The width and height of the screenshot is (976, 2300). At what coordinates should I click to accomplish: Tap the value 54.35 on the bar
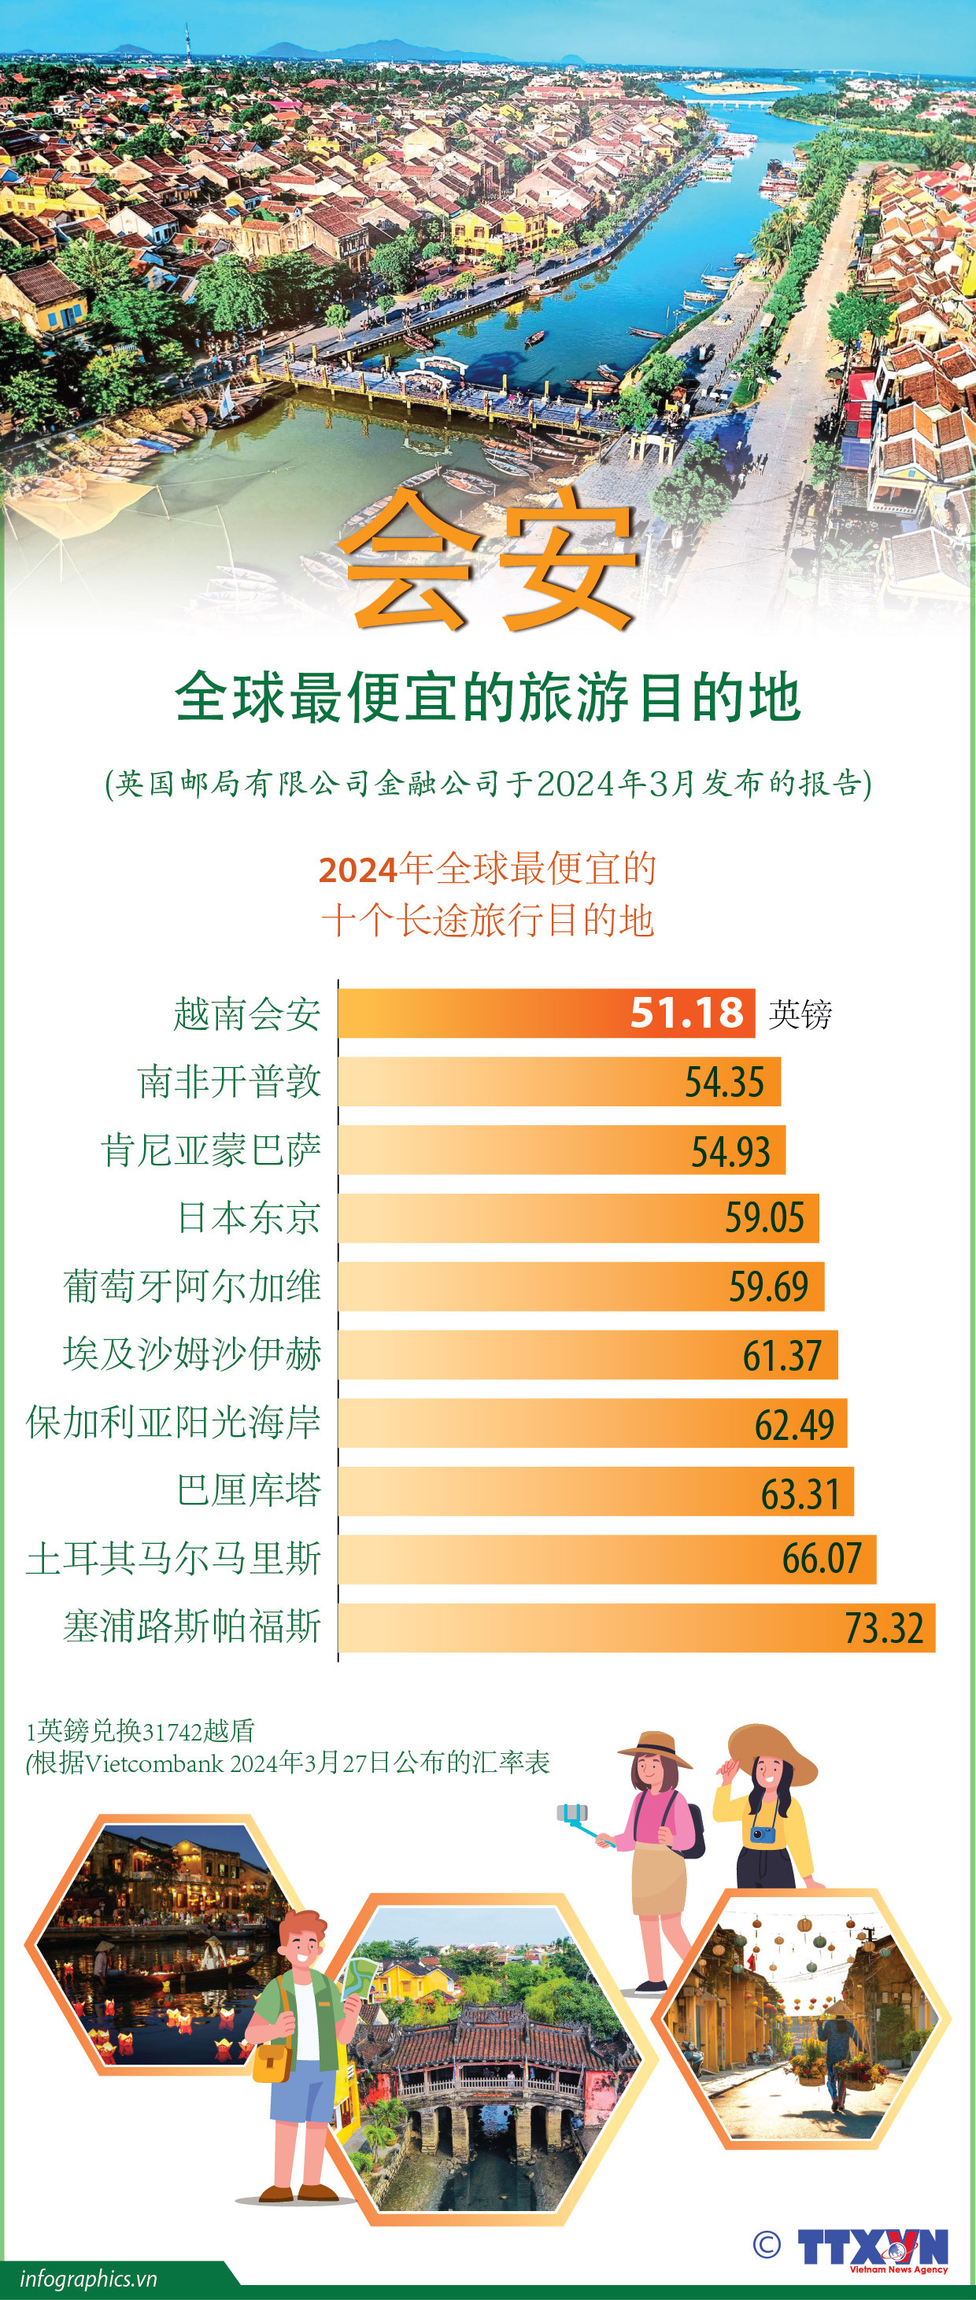pos(724,1082)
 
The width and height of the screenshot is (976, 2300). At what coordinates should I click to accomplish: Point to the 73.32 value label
pos(883,1628)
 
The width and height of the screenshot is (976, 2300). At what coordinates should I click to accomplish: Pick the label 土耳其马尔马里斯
pos(173,1558)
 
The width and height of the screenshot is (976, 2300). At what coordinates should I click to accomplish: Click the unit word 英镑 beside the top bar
pos(800,1014)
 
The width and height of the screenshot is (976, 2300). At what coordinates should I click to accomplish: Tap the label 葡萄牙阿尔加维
pos(192,1287)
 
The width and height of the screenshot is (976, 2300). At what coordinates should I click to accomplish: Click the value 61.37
pos(782,1355)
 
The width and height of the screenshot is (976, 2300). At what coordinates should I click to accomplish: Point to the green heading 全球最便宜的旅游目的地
pos(487,697)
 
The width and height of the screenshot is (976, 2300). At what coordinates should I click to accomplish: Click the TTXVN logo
pos(872,2246)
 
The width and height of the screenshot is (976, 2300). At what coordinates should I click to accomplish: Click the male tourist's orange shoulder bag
pos(272,2062)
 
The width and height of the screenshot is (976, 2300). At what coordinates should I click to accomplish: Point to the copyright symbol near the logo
pos(766,2244)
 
